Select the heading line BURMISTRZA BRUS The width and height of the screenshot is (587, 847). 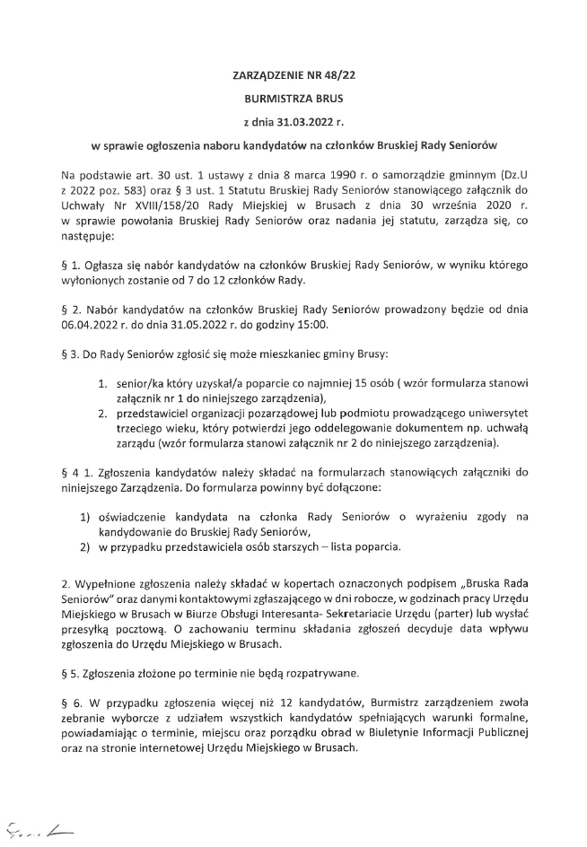coord(293,97)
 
